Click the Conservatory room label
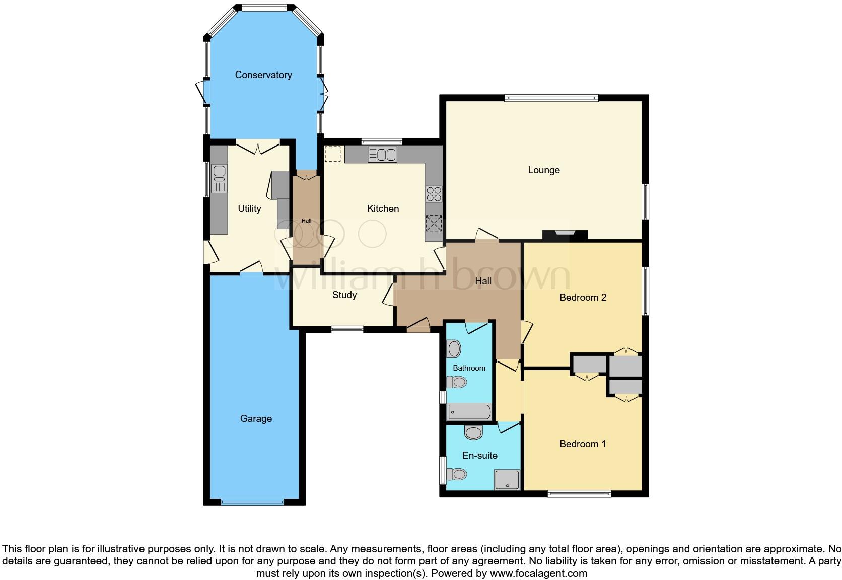click(x=263, y=75)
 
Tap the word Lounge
click(x=543, y=170)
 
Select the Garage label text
click(x=256, y=419)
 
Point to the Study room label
click(x=344, y=295)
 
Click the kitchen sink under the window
click(x=382, y=155)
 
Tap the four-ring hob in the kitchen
click(x=434, y=194)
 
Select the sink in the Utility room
click(x=220, y=179)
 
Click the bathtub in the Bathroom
click(x=469, y=412)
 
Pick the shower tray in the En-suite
click(x=507, y=479)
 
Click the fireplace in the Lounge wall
click(x=565, y=234)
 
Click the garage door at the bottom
click(x=252, y=502)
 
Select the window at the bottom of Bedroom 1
click(x=579, y=494)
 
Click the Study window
click(x=347, y=330)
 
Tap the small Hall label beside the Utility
click(x=306, y=221)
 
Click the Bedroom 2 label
click(x=583, y=298)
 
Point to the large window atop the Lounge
click(x=551, y=98)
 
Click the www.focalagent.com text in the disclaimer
click(x=538, y=573)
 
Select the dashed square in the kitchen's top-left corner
click(x=332, y=154)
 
